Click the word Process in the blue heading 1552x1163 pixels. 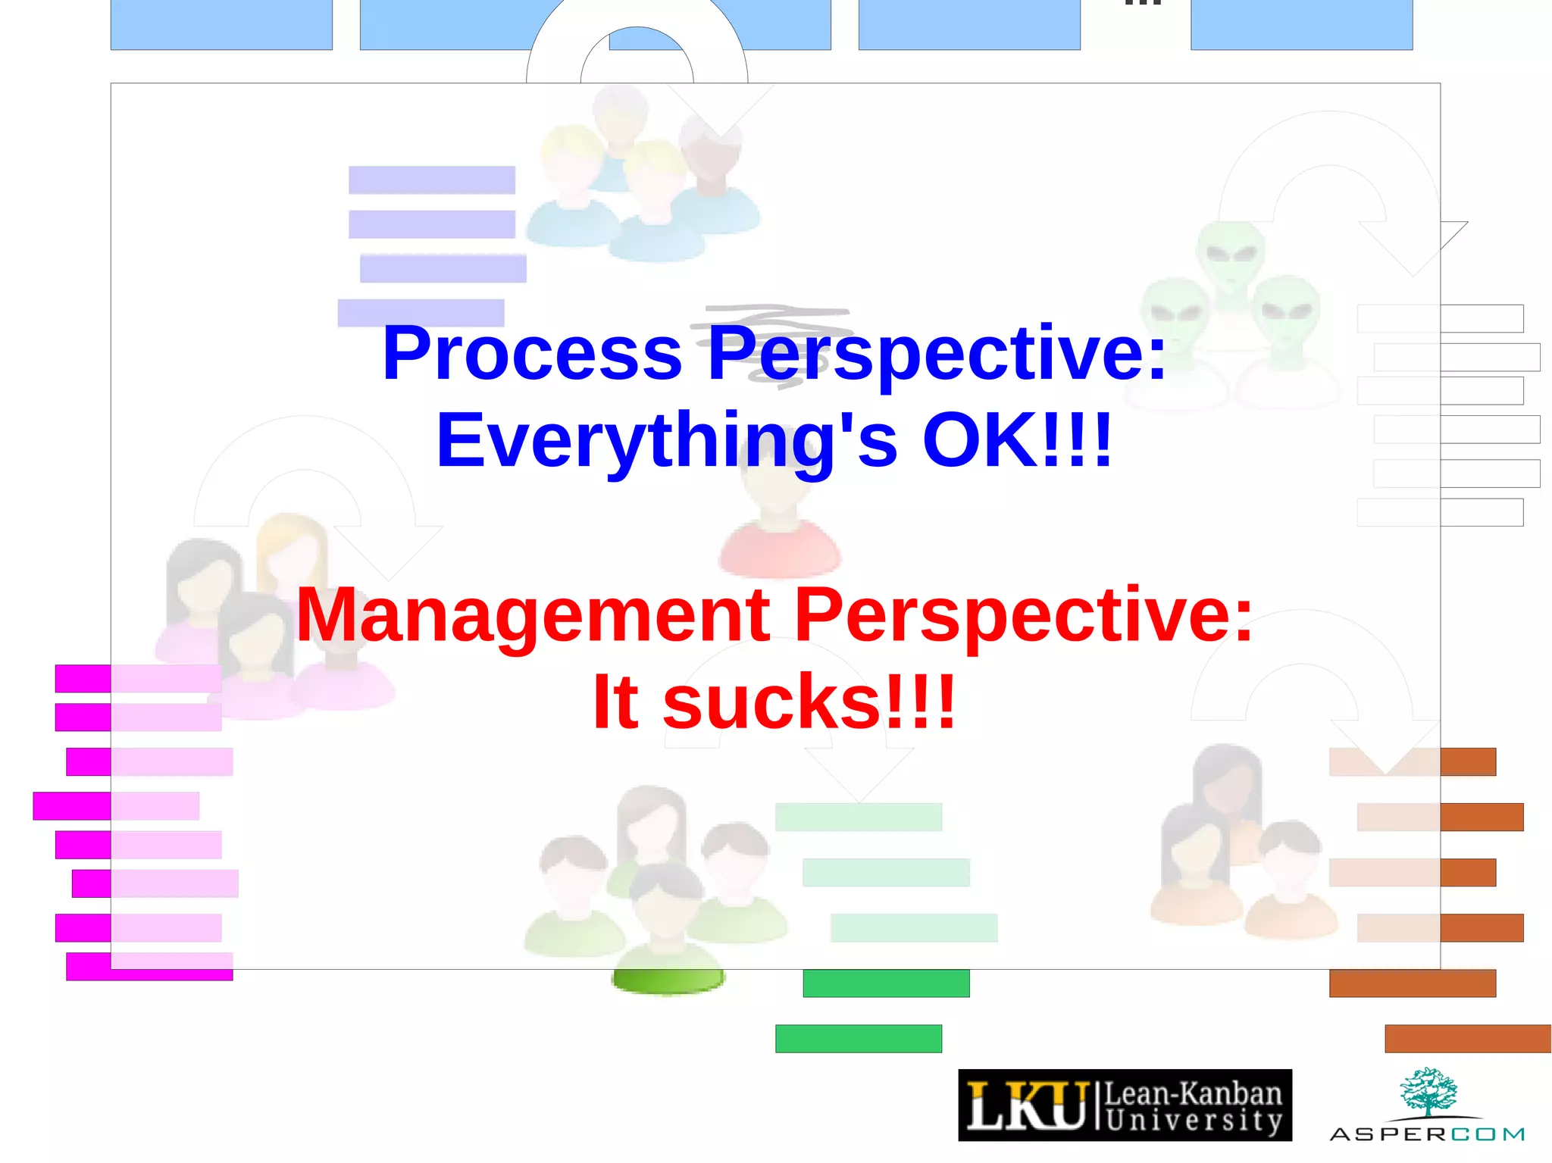pyautogui.click(x=532, y=353)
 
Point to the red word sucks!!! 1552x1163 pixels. pyautogui.click(x=809, y=702)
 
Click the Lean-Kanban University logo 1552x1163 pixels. pyautogui.click(x=1125, y=1105)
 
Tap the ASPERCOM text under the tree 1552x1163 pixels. pyautogui.click(x=1427, y=1134)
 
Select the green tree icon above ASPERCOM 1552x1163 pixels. pyautogui.click(x=1428, y=1091)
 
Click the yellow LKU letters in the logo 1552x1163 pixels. pyautogui.click(x=1027, y=1105)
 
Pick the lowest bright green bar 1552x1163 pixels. pyautogui.click(x=858, y=1038)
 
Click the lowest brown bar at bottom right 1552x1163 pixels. pyautogui.click(x=1467, y=1038)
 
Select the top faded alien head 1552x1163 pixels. pyautogui.click(x=1230, y=254)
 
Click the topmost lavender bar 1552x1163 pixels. pyautogui.click(x=431, y=180)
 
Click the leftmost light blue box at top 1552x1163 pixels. pyautogui.click(x=221, y=24)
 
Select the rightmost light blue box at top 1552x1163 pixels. pyautogui.click(x=1301, y=24)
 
